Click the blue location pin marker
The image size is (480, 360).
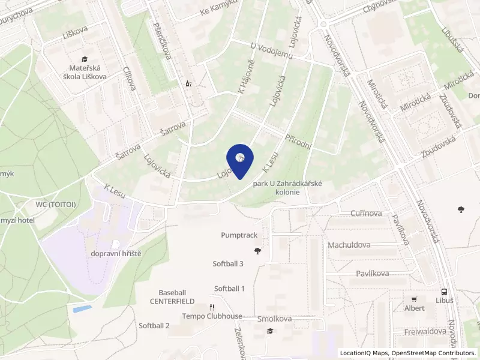240,160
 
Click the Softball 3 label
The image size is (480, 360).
228,263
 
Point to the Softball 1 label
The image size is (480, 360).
229,288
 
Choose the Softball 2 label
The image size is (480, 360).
154,325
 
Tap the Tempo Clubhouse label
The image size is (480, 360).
212,316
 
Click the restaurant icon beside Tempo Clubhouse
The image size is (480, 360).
211,307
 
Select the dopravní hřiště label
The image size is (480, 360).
116,254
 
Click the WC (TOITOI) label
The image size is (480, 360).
56,205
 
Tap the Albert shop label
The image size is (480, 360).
414,308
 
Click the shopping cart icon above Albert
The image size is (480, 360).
413,299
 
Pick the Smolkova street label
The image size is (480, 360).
274,319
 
